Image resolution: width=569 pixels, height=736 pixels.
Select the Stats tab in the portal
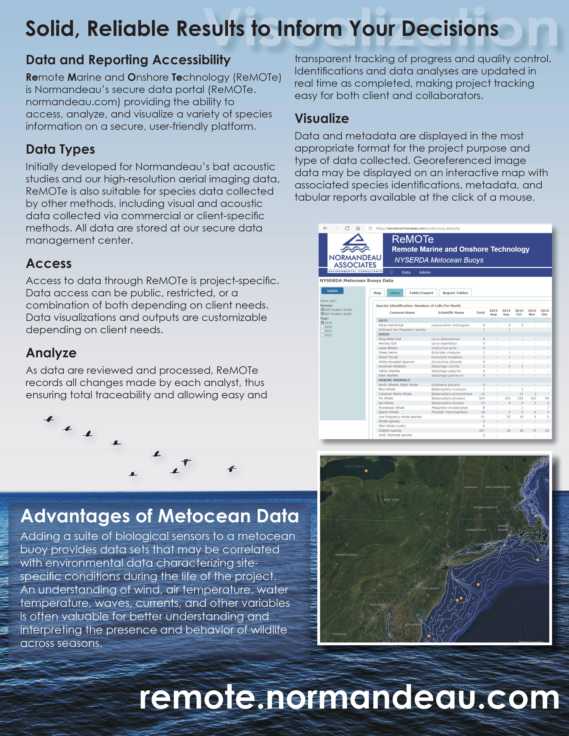[395, 293]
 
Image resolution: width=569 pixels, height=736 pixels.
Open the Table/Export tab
[421, 293]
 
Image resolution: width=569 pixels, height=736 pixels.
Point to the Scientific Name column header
[451, 312]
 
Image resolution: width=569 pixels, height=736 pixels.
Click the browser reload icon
[347, 228]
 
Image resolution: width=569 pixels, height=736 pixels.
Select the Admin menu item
[424, 272]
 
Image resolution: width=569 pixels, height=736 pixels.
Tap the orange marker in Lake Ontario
[366, 471]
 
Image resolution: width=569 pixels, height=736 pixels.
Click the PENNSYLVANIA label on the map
[346, 555]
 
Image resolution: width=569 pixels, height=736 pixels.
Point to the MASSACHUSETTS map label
[485, 507]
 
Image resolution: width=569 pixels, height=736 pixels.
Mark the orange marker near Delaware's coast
[429, 636]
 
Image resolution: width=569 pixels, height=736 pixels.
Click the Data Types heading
[60, 149]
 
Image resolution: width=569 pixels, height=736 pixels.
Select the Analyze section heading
[51, 353]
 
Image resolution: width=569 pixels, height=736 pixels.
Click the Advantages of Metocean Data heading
[160, 516]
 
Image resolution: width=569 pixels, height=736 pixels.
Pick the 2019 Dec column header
[544, 312]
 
